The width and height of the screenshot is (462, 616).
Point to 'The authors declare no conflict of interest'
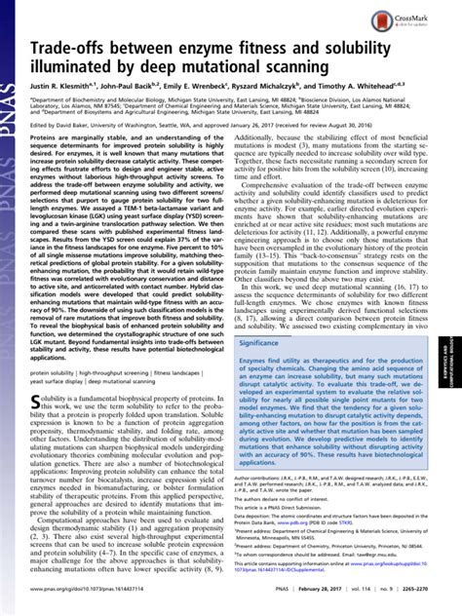pyautogui.click(x=289, y=524)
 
